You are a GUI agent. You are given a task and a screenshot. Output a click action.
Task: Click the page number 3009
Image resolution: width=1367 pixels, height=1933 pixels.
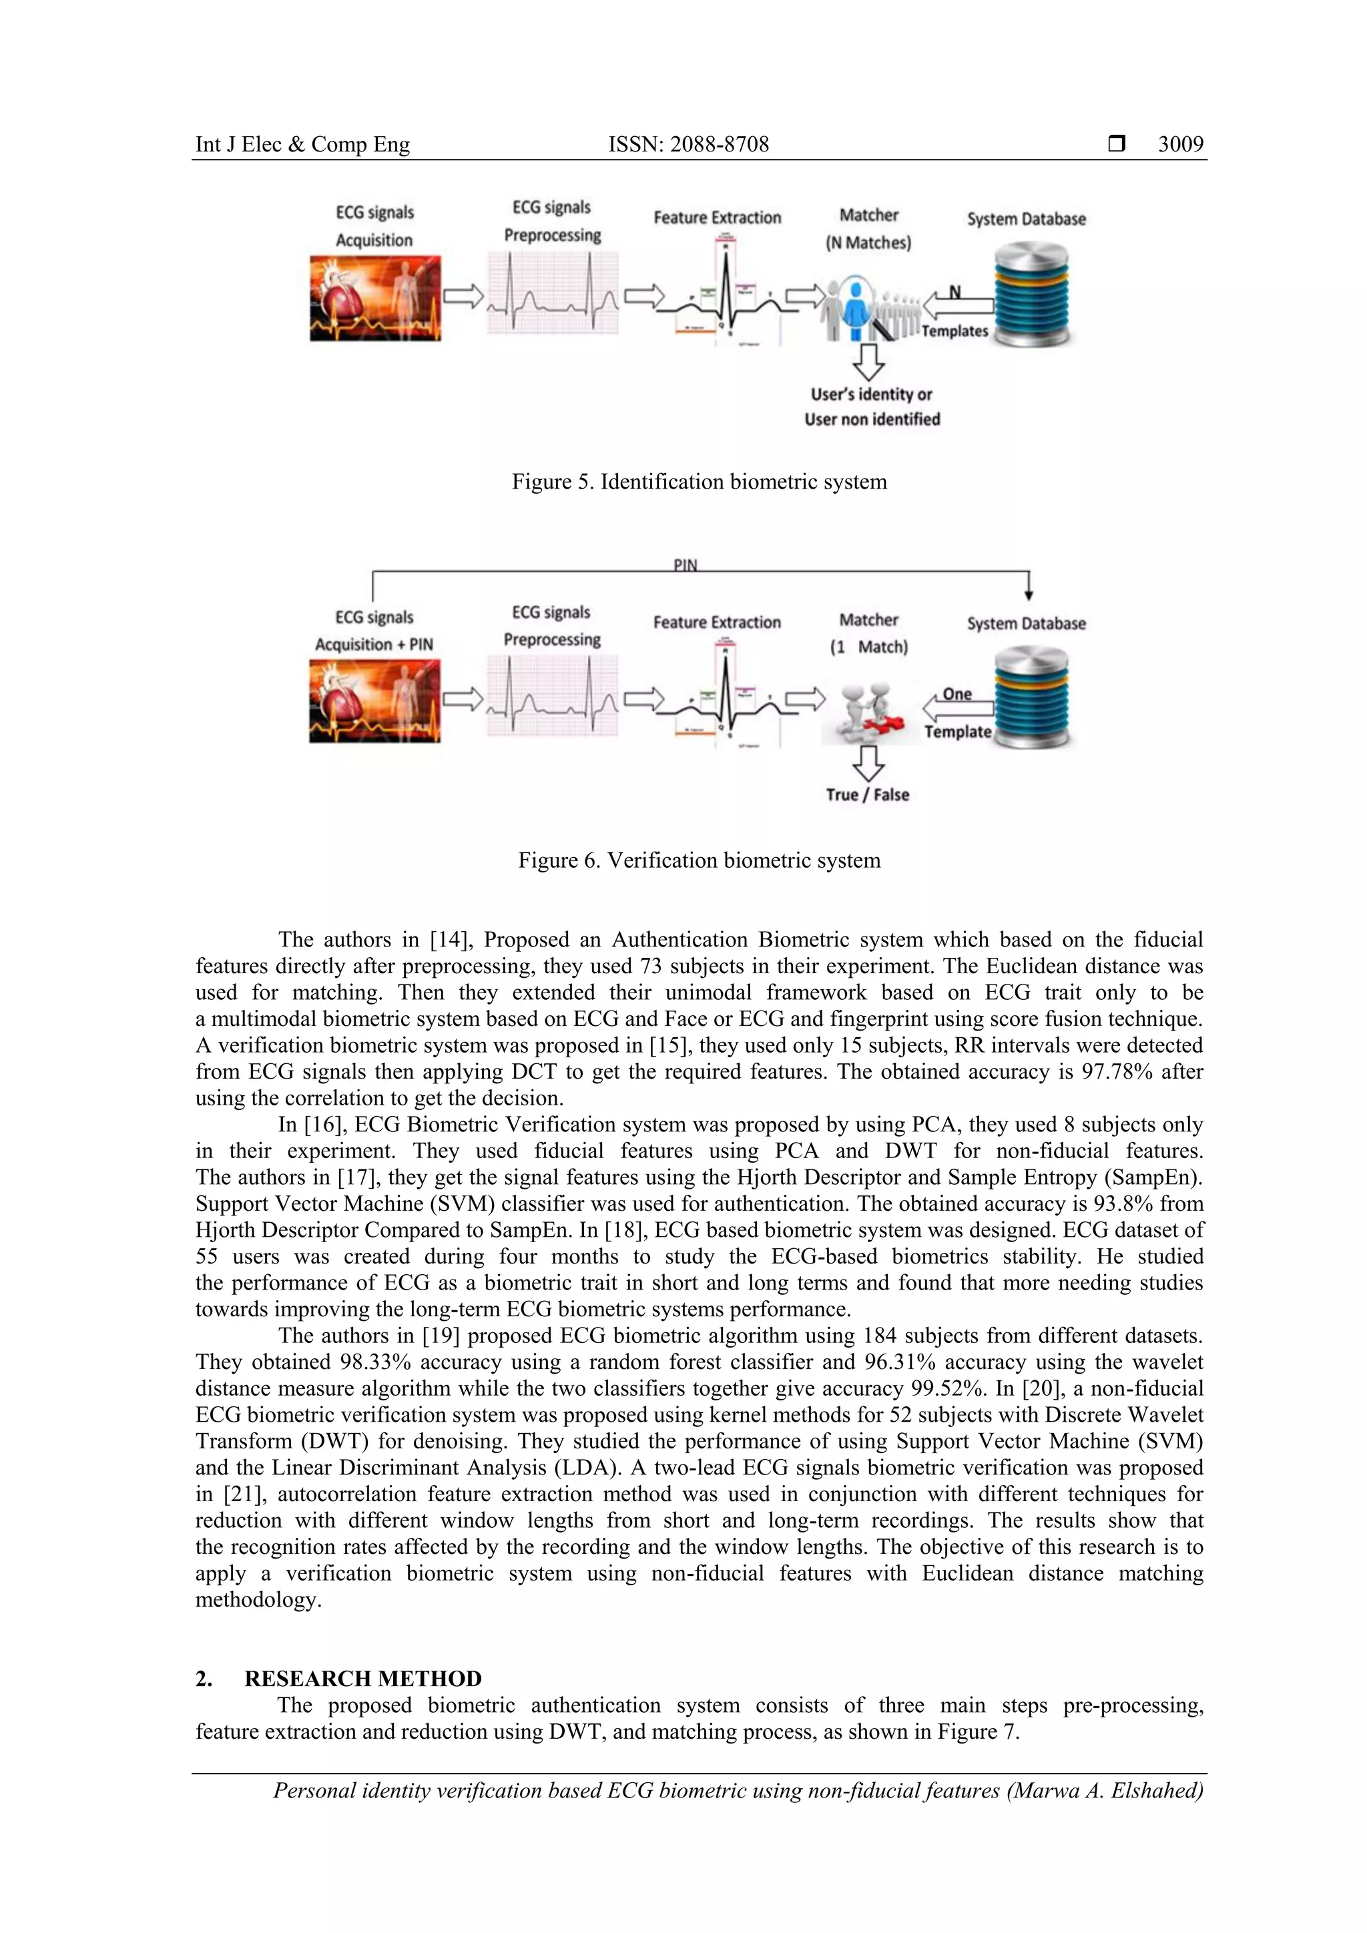[1180, 144]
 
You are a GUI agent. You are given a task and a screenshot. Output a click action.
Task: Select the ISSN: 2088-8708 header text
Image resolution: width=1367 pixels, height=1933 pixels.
[689, 144]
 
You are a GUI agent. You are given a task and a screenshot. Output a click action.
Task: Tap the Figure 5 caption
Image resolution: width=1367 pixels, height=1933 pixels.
[699, 481]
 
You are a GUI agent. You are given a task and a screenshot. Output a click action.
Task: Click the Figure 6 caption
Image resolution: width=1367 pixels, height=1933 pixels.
[699, 860]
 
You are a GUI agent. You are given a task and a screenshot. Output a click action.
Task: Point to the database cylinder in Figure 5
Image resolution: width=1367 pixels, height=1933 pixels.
[1031, 294]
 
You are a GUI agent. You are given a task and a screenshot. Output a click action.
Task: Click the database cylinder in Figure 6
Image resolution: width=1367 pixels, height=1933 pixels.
[1031, 697]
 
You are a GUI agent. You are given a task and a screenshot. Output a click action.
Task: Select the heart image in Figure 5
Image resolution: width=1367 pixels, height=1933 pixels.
[374, 299]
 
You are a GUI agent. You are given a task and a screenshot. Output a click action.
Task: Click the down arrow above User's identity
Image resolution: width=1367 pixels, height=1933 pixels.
[868, 360]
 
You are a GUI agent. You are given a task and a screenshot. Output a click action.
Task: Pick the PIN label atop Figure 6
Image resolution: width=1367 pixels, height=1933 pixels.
[686, 565]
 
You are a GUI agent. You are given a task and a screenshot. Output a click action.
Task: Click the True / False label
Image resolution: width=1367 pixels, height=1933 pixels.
[867, 795]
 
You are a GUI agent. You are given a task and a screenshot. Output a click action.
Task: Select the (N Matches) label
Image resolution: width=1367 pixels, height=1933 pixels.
[868, 242]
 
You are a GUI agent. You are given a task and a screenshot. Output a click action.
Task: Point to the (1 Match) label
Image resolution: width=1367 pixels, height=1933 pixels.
[868, 647]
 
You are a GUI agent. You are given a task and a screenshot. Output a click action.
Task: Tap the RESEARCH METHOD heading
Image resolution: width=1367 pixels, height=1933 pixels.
[363, 1679]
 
